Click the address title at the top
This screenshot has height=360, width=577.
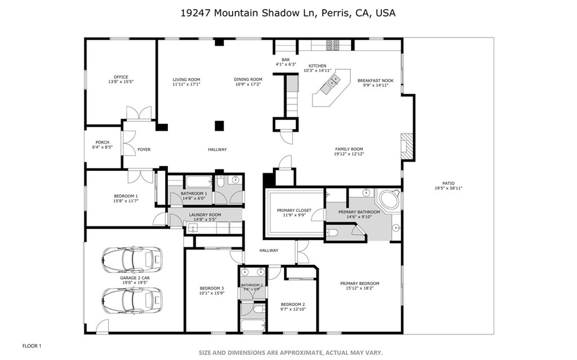point(288,12)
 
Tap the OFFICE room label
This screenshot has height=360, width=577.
point(121,77)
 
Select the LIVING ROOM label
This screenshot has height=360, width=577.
point(186,79)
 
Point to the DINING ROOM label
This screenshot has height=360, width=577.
point(248,79)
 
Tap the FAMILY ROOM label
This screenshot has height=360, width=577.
point(349,149)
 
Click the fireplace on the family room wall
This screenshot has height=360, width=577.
point(406,146)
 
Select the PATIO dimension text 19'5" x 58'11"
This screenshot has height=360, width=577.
point(448,188)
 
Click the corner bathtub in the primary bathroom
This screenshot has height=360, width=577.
point(388,199)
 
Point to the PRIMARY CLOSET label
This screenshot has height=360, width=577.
point(294,211)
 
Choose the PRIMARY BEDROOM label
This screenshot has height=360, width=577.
point(359,283)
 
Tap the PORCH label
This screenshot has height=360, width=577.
point(102,143)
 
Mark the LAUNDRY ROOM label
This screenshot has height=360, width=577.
point(205,215)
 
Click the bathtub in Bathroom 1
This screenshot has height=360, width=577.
point(198,181)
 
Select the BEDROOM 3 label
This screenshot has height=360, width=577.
point(211,288)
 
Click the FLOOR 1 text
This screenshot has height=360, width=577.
point(32,345)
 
